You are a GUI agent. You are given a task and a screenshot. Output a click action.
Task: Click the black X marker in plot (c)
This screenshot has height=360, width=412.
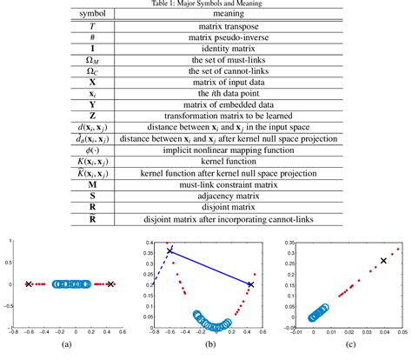(x=384, y=260)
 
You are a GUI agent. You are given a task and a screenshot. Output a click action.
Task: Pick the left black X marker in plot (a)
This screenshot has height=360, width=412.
(x=29, y=283)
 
